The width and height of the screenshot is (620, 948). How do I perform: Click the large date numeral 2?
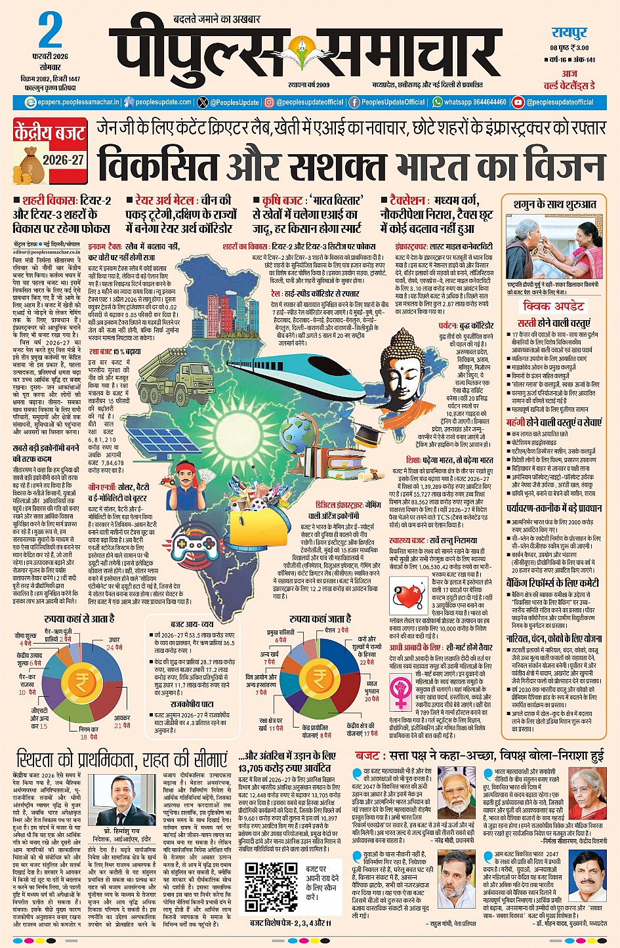[50, 30]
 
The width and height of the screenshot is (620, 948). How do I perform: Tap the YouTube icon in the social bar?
[518, 102]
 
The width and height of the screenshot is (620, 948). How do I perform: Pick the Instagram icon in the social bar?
[269, 102]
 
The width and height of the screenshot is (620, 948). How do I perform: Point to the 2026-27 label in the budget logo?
[64, 160]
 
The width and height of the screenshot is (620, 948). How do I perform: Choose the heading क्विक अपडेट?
[552, 306]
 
